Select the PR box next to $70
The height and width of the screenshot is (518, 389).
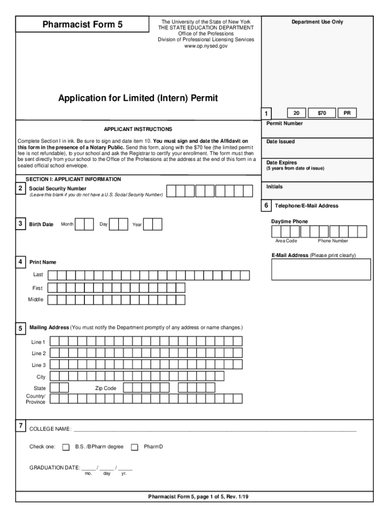tap(347, 113)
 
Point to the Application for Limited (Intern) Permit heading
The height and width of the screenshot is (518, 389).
tap(137, 98)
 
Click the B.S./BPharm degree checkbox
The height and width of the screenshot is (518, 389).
tap(66, 447)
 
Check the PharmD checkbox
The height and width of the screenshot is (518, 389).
tap(134, 447)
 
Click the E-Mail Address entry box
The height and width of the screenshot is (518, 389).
tap(321, 269)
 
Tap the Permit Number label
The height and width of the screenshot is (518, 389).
tap(284, 123)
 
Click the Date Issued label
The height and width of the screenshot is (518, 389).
tap(280, 142)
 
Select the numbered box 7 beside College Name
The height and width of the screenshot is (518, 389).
tap(20, 426)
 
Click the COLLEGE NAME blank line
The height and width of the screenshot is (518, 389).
tap(215, 429)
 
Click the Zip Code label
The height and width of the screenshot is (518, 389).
tap(106, 388)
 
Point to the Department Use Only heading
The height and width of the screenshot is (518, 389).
tap(317, 22)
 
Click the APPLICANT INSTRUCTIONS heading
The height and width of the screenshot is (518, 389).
tap(138, 129)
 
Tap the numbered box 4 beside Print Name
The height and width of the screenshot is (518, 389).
tap(20, 262)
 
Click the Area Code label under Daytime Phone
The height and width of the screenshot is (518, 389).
tap(286, 241)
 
